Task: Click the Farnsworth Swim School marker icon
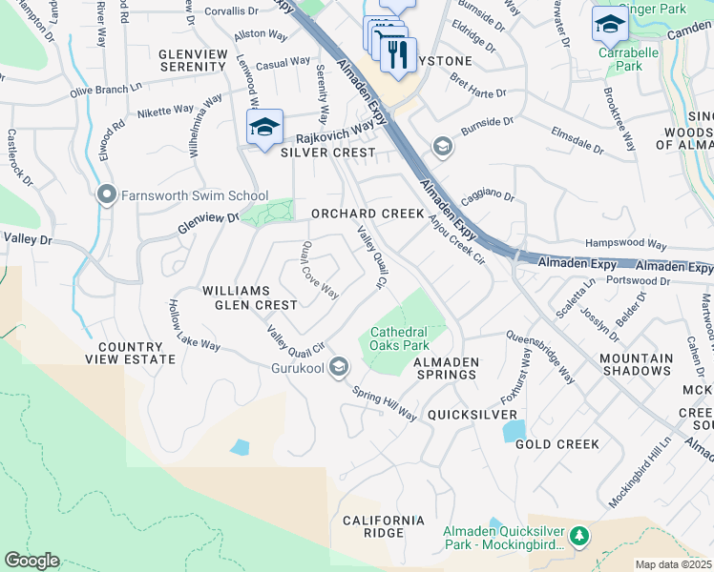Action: point(107,195)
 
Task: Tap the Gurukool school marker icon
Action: point(339,367)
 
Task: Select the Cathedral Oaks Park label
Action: point(400,338)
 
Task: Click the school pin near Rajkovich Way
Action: point(264,128)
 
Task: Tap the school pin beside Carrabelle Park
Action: point(610,25)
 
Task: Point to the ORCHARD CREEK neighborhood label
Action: point(367,214)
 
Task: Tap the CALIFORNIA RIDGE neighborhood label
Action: point(384,526)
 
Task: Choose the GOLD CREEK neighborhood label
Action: point(557,444)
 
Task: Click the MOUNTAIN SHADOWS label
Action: point(636,363)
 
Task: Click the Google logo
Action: point(31,561)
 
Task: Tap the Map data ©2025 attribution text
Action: point(673,564)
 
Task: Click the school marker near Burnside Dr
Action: point(442,146)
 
